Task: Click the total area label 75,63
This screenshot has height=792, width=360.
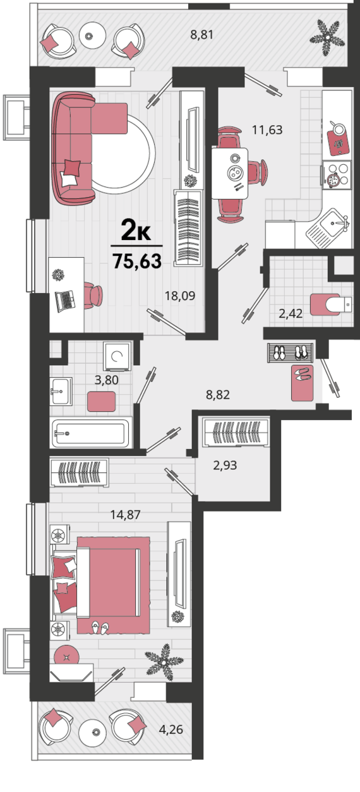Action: tap(137, 261)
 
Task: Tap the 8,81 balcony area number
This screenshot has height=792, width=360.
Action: tap(202, 35)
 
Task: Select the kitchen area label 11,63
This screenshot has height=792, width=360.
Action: tap(267, 129)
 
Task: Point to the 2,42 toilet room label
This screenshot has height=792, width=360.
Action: tap(291, 313)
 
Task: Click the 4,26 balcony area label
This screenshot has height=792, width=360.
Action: tap(171, 729)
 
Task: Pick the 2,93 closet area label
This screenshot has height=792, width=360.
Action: tap(225, 465)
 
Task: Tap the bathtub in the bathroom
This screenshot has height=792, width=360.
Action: tap(92, 433)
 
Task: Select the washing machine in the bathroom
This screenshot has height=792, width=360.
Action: tap(117, 356)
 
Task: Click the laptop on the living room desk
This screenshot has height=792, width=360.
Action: tap(66, 301)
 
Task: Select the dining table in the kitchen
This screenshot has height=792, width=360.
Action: tap(230, 173)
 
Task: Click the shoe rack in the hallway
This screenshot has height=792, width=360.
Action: tap(291, 352)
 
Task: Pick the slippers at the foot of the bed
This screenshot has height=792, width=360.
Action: tap(100, 627)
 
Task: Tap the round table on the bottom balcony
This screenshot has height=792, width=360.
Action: tap(93, 731)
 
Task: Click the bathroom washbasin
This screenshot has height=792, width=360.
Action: tap(61, 391)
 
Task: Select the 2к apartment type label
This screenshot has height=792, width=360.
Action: tap(136, 230)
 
